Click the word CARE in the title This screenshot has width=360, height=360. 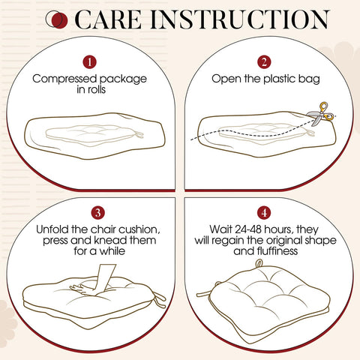coord(108,19)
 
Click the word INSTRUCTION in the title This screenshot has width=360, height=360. coord(239,19)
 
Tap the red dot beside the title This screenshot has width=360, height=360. coord(59,20)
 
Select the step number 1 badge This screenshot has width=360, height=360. coord(90,61)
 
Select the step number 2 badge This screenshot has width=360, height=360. coord(264,61)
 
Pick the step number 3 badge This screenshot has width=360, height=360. coord(97,212)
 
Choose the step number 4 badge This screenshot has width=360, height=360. coord(264,212)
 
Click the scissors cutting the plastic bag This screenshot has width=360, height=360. coord(320,115)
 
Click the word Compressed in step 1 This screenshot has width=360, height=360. coord(64,79)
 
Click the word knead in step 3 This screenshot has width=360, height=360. coord(110,240)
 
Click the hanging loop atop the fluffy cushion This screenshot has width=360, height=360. coord(259,263)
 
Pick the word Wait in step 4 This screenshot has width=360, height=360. coord(220,229)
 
